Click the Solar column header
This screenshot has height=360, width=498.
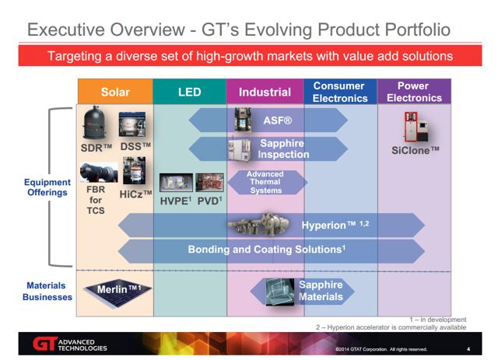point(115,92)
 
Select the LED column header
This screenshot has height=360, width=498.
point(190,92)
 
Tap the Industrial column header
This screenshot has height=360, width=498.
point(265,92)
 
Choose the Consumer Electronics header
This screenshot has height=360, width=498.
point(340,92)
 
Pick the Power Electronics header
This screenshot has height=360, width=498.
point(414,92)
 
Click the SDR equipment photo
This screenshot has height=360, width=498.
point(94,123)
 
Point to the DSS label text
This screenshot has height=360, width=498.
point(135,147)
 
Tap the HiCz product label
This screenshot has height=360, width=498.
point(135,194)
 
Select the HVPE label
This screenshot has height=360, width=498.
point(176,201)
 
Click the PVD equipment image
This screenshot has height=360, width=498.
point(209,183)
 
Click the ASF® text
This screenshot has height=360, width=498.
point(277,121)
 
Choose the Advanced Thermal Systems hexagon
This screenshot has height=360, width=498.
point(267,182)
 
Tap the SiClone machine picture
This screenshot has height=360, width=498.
point(417,127)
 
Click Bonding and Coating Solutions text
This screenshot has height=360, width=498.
point(266,250)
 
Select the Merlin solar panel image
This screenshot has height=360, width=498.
point(117,292)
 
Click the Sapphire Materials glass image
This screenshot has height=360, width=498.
point(280,292)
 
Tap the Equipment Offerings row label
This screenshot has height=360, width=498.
point(47,187)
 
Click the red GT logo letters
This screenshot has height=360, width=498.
point(45,344)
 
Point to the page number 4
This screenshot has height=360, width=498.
point(468,349)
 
